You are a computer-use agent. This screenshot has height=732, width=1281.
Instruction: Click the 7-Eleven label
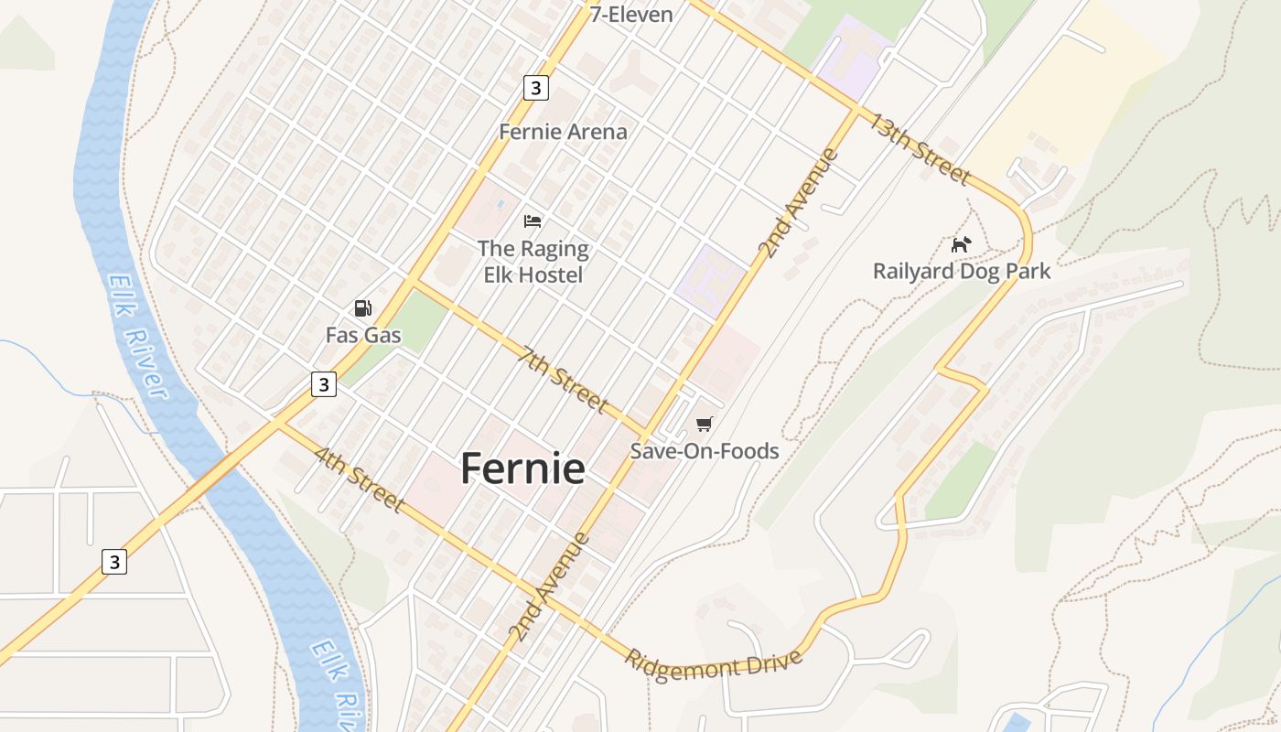631,14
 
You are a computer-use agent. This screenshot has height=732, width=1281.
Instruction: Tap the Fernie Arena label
563,132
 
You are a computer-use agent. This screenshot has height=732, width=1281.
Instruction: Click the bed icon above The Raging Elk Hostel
533,221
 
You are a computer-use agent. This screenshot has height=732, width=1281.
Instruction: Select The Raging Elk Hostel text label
533,261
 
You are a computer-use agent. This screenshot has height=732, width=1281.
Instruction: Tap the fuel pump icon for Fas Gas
363,309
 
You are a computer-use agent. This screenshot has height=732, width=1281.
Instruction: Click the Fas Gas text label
363,336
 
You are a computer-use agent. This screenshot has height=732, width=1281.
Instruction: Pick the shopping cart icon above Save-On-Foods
704,424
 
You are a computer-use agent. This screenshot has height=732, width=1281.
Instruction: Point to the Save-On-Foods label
705,451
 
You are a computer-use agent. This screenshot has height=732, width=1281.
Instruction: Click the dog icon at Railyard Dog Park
961,244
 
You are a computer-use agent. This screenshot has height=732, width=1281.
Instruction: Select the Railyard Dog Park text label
962,272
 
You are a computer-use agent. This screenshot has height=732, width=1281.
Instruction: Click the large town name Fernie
522,468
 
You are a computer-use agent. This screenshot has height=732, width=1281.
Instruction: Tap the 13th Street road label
919,148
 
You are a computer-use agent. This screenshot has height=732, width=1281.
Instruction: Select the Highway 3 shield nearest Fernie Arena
536,88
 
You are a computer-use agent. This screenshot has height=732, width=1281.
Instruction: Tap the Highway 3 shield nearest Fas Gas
324,384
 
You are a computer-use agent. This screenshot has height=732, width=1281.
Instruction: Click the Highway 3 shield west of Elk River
113,562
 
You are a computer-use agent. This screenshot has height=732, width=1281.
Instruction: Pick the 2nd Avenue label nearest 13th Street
798,203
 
